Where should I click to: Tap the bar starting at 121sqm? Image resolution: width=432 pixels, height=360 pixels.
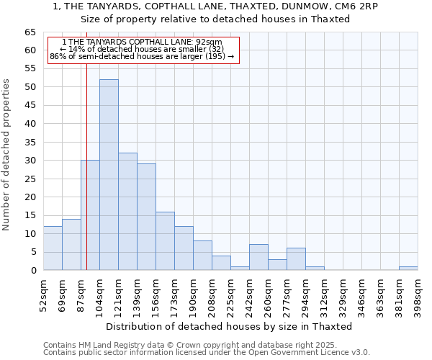coord(127,212)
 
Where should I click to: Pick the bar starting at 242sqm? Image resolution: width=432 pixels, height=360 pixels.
coord(258,258)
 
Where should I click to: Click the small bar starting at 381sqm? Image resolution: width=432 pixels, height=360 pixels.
coord(408,269)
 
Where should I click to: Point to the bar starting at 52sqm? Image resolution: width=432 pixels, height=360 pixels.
coord(53,248)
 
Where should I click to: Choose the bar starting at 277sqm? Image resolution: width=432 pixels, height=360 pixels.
coord(296,259)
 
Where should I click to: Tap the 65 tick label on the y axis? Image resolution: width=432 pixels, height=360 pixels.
coord(30,32)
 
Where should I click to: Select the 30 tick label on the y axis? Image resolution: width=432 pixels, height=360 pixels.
coord(30,161)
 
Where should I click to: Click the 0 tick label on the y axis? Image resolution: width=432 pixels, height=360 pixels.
coord(32,271)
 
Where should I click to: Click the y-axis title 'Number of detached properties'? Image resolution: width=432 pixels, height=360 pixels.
coord(7,155)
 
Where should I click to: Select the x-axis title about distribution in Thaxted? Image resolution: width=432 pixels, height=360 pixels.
coord(230,326)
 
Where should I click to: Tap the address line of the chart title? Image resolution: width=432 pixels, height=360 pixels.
coord(215,6)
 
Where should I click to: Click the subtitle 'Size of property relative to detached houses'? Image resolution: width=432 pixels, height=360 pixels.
coord(215,19)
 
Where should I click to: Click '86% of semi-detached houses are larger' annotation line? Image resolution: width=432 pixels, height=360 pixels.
coord(142,56)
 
